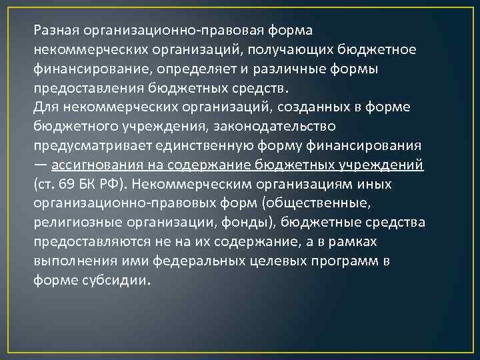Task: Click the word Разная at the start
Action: (56, 31)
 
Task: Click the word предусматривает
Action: (79, 145)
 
